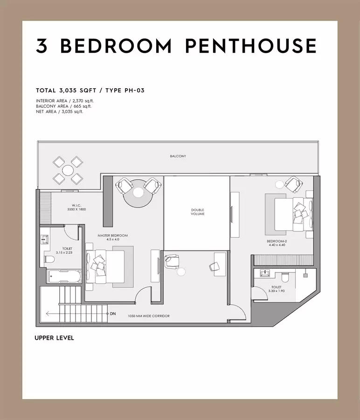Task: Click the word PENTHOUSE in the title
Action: click(x=251, y=46)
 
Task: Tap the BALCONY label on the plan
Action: click(x=178, y=156)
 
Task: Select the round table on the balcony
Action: click(x=68, y=170)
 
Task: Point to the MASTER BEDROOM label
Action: click(x=113, y=236)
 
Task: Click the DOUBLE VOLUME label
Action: click(x=198, y=212)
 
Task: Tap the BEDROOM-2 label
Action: click(x=277, y=241)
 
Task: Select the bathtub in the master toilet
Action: click(x=64, y=276)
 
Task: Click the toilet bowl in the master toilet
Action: click(x=49, y=259)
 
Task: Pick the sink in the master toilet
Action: click(x=45, y=239)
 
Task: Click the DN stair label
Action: click(x=113, y=314)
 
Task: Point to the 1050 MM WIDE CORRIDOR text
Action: click(x=149, y=316)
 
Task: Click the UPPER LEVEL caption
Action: click(x=55, y=338)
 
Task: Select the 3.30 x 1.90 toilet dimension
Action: click(x=277, y=291)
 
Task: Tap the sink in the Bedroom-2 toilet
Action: click(x=265, y=273)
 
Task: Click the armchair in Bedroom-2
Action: click(x=294, y=184)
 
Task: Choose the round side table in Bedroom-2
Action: click(x=279, y=184)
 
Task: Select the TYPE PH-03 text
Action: click(x=125, y=91)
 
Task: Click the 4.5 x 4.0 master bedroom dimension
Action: click(x=113, y=239)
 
